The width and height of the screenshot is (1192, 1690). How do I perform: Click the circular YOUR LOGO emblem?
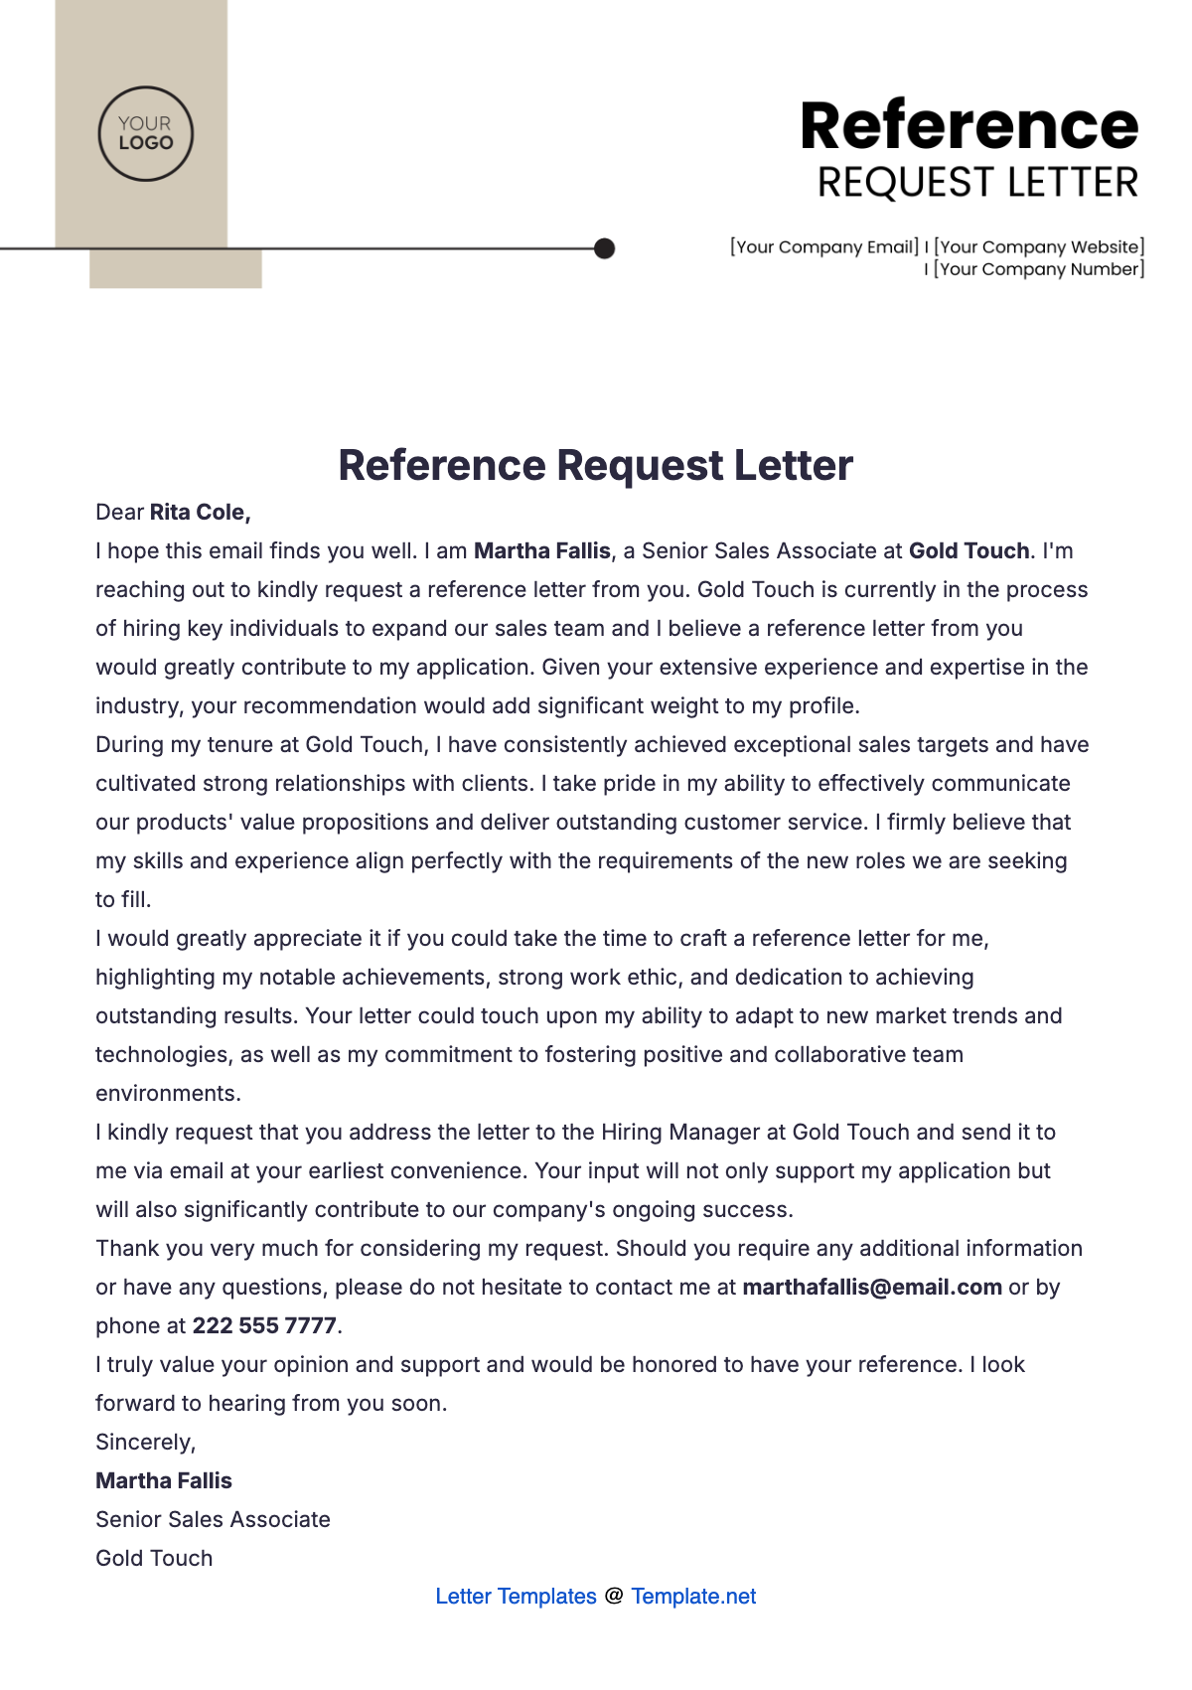point(146,134)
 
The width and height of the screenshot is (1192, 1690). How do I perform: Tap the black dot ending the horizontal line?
point(604,248)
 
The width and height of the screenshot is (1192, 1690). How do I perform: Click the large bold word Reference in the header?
point(968,126)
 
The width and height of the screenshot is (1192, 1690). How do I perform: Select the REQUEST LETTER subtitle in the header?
point(977,184)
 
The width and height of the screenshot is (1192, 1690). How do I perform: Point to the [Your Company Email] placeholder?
point(824,246)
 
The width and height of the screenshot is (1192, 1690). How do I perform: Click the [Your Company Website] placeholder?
point(1039,246)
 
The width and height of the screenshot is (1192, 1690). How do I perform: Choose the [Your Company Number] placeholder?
point(1039,269)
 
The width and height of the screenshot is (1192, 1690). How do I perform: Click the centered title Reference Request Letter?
point(595,465)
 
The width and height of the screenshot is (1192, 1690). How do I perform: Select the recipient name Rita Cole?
point(199,513)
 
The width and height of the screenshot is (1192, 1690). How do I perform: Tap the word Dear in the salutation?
point(120,513)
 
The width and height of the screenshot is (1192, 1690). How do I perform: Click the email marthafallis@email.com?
point(872,1288)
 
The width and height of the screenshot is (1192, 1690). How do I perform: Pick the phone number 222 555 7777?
point(264,1326)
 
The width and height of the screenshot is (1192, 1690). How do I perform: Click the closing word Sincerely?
point(145,1443)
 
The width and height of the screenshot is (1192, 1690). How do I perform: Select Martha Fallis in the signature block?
point(164,1481)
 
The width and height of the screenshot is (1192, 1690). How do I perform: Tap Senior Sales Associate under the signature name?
point(213,1520)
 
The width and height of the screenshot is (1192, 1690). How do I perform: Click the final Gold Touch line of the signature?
point(154,1559)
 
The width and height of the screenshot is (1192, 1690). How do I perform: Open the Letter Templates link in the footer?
point(516,1597)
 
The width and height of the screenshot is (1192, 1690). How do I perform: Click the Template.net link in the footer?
point(693,1597)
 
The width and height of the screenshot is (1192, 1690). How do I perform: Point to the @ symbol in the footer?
point(614,1597)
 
